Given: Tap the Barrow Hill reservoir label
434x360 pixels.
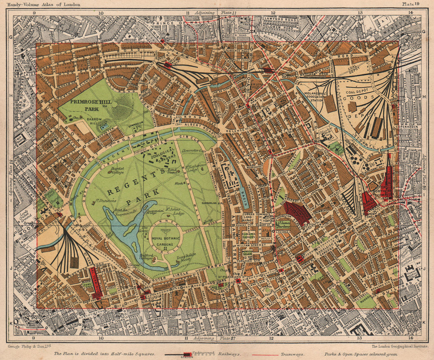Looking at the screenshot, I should [x=92, y=123].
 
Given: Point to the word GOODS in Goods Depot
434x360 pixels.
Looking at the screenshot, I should [x=365, y=98].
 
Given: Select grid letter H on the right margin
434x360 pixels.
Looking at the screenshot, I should [x=424, y=96].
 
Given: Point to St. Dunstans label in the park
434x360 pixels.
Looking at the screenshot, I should [x=106, y=201].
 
